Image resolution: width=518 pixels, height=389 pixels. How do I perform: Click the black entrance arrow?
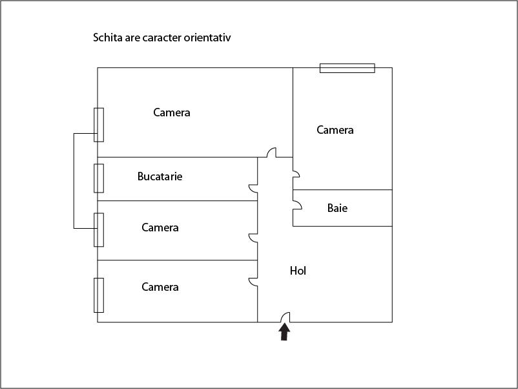(284, 332)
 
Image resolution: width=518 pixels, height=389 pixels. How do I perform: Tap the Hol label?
(298, 271)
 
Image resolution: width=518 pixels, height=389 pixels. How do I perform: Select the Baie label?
(337, 208)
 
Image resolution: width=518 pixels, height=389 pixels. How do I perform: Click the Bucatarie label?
(160, 176)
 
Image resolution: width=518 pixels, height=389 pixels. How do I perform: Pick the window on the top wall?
(347, 68)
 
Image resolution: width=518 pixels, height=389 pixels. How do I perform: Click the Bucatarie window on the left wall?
(99, 178)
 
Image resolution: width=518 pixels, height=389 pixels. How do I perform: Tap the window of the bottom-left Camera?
(99, 295)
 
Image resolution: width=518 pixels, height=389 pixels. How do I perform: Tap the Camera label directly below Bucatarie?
(160, 227)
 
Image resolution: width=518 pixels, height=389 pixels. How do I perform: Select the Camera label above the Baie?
(335, 130)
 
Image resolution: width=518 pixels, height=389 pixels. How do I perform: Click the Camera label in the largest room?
(172, 112)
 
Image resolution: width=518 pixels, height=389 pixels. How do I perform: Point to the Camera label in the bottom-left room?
(160, 287)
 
